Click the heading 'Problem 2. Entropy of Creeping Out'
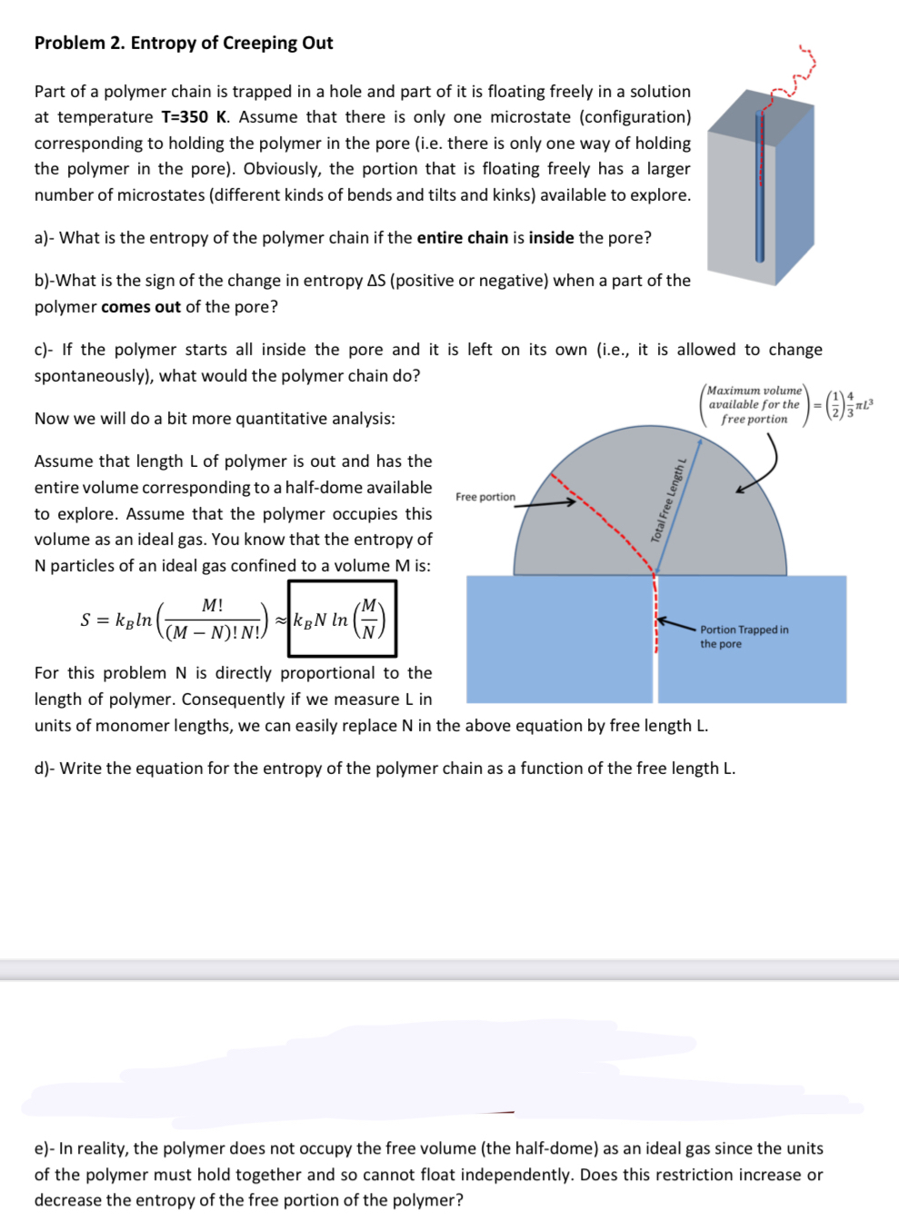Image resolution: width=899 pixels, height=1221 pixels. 184,43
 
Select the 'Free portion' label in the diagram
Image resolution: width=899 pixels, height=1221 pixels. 484,497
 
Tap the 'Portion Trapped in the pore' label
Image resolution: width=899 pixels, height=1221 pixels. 744,636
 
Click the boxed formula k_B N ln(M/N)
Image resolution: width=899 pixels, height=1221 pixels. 342,620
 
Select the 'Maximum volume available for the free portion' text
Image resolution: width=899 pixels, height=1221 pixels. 754,405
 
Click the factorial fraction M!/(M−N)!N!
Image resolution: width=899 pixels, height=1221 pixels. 213,620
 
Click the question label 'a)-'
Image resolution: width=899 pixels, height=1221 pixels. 45,238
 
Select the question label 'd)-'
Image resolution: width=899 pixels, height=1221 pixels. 45,769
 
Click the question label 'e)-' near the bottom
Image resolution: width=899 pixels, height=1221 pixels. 45,1148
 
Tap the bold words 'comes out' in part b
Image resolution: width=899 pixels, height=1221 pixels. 141,307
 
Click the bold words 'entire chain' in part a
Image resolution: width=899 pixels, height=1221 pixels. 462,238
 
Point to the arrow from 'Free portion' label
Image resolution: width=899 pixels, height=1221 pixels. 545,503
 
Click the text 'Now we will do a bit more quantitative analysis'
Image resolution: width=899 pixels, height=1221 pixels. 215,419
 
